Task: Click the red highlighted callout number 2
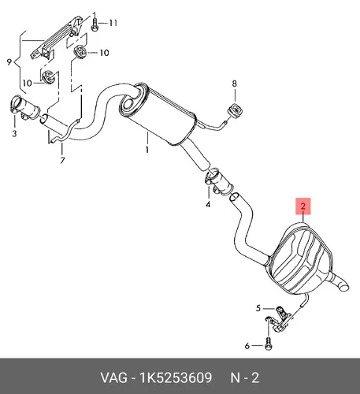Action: (x=303, y=206)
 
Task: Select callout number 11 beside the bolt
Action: (x=113, y=23)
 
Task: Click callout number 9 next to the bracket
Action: (x=9, y=62)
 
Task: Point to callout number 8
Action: (x=234, y=84)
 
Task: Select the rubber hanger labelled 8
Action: (x=236, y=110)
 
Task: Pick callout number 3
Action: (x=14, y=133)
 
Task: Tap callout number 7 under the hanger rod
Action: (x=62, y=160)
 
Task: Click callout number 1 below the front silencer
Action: (x=147, y=150)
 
